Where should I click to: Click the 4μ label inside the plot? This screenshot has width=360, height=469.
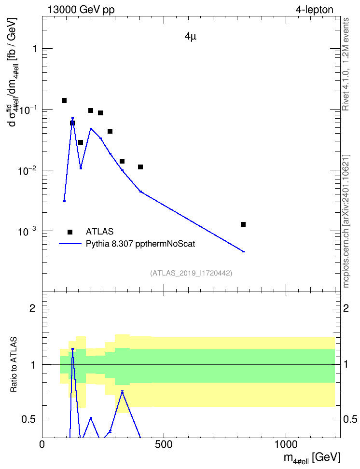[190, 37]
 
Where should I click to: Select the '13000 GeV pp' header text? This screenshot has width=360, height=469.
[81, 10]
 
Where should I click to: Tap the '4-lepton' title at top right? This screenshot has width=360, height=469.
[314, 10]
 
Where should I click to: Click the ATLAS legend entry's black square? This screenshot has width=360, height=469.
[70, 232]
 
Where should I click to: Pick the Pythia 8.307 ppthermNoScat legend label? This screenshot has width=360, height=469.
[140, 244]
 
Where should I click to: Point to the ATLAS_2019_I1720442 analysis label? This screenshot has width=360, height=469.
[191, 273]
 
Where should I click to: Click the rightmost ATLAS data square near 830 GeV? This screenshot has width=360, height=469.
[243, 224]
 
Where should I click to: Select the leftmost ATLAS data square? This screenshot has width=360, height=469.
[64, 100]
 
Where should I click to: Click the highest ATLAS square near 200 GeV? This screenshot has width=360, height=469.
[91, 110]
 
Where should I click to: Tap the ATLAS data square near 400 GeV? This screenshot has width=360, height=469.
[140, 167]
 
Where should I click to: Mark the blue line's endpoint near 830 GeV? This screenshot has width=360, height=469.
[244, 251]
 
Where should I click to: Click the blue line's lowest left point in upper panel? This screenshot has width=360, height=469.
[64, 201]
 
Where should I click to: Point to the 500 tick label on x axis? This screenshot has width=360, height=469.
[164, 444]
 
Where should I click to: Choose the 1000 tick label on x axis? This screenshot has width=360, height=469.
[286, 444]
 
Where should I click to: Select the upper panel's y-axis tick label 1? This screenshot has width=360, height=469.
[34, 48]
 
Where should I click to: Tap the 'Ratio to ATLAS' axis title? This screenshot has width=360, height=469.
[14, 364]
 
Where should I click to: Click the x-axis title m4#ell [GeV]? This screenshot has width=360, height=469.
[312, 457]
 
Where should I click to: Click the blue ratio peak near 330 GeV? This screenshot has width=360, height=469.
[122, 391]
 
